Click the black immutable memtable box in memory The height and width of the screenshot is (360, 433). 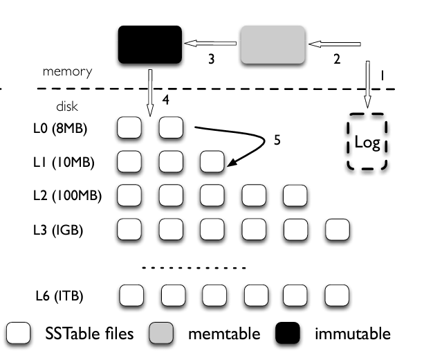click(150, 44)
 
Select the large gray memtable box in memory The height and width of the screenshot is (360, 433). click(273, 44)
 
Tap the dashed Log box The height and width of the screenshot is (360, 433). click(367, 141)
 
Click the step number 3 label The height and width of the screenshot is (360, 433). click(211, 59)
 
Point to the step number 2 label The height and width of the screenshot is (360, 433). click(337, 59)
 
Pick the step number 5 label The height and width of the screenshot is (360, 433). click(277, 140)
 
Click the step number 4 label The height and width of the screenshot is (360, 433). click(166, 100)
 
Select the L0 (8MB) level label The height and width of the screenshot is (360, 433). click(60, 129)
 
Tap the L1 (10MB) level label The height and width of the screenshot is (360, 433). click(64, 162)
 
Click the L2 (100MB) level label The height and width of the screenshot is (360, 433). click(67, 196)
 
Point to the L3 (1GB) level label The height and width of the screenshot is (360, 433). click(58, 230)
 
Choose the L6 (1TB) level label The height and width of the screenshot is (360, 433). click(59, 296)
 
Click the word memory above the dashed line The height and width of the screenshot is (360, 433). click(67, 71)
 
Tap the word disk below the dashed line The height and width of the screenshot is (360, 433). click(67, 107)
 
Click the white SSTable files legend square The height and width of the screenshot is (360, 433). click(18, 333)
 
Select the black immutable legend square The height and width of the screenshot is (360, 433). click(288, 333)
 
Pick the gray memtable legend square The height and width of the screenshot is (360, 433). click(161, 333)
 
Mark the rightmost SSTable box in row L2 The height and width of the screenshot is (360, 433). click(295, 195)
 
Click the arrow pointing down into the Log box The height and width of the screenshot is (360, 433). click(367, 84)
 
